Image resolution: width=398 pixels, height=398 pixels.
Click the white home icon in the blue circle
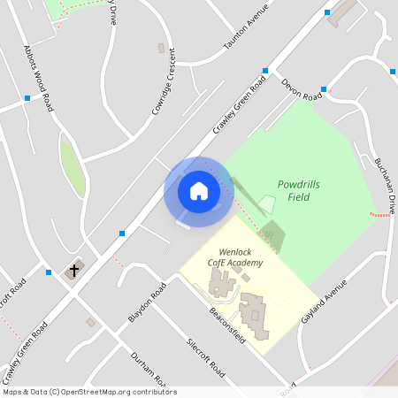(x=199, y=191)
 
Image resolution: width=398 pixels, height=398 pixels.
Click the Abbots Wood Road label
(x=40, y=79)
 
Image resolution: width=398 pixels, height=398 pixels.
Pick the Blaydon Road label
(x=147, y=303)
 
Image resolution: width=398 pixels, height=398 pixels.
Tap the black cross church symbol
(x=74, y=269)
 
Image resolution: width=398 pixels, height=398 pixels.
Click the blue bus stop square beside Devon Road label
(x=324, y=89)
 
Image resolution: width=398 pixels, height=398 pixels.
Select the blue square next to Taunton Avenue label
(x=265, y=71)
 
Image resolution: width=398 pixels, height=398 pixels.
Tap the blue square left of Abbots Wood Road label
(x=27, y=98)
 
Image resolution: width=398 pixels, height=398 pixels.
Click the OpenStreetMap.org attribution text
(x=88, y=392)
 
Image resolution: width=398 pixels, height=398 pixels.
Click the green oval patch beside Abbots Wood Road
(x=73, y=167)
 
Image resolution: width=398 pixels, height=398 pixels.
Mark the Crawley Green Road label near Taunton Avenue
(x=239, y=106)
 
